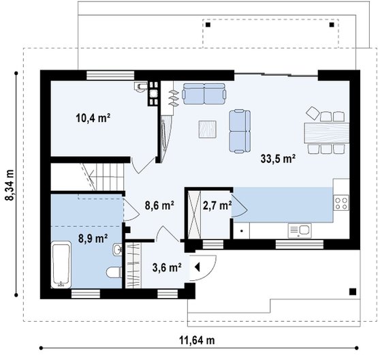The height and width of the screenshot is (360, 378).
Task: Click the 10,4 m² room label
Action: click(x=93, y=118)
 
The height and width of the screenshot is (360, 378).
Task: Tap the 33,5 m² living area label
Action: click(x=278, y=159)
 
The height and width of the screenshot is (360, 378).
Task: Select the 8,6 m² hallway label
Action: click(x=159, y=206)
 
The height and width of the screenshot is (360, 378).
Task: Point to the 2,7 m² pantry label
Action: click(x=217, y=206)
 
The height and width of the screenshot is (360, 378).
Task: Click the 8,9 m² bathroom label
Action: click(x=93, y=239)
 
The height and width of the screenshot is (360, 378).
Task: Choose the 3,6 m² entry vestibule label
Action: click(x=167, y=267)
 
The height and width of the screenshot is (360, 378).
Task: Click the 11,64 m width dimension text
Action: click(x=197, y=340)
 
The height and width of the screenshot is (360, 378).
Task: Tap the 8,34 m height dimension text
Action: click(x=10, y=185)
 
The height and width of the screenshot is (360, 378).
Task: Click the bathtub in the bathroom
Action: click(x=61, y=265)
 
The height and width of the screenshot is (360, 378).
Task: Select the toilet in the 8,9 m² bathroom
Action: click(x=114, y=273)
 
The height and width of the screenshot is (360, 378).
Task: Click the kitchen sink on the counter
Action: click(x=300, y=230)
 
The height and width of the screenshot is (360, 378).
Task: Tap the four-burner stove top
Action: click(x=341, y=202)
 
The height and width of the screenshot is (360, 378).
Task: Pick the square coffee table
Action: click(x=207, y=130)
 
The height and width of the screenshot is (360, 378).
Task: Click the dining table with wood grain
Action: click(x=327, y=133)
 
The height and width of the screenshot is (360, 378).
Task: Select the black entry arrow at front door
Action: click(x=198, y=267)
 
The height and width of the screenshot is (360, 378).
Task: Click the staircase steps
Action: click(x=106, y=177)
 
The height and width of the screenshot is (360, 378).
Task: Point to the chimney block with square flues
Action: click(x=153, y=93)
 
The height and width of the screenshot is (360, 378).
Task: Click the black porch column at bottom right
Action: click(x=353, y=292)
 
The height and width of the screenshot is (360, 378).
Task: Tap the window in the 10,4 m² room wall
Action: click(x=110, y=75)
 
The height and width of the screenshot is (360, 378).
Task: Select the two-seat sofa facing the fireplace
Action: click(x=204, y=94)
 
